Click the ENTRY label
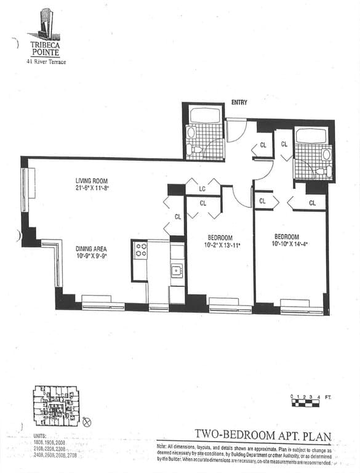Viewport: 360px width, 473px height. coord(239,102)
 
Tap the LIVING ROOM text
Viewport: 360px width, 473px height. coord(92,180)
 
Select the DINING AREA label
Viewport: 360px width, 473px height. coord(92,249)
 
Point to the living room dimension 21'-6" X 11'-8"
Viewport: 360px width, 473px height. coord(92,188)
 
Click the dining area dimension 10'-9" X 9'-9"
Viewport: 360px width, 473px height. coord(92,256)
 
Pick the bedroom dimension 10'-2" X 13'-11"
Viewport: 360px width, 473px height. coord(220,246)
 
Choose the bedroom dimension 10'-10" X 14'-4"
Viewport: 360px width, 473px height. coord(287,245)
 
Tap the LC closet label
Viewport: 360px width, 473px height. coord(202,188)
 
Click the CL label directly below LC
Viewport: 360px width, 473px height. coord(202,202)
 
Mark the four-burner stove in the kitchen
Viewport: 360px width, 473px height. coord(140,249)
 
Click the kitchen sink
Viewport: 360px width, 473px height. coord(177,269)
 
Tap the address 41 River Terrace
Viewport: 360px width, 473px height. coord(46,62)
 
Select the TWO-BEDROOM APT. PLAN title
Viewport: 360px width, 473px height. coord(263,437)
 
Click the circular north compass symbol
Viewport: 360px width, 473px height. coord(86,422)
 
